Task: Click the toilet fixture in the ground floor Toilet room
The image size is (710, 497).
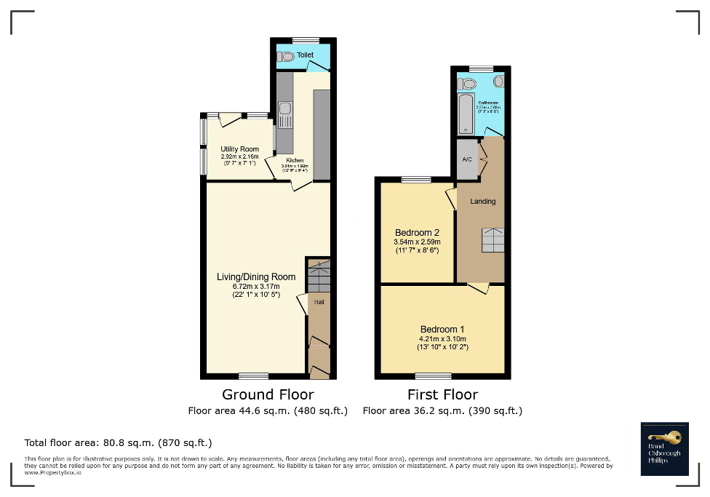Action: [x=285, y=55]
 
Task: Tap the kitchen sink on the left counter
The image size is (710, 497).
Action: [x=285, y=110]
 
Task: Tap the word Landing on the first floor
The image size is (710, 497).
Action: [x=482, y=201]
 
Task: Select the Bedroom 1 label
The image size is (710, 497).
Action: [x=442, y=329]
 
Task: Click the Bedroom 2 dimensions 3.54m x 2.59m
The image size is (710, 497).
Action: [x=417, y=242]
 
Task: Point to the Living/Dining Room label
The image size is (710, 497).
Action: [x=256, y=277]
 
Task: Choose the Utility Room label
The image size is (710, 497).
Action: [x=239, y=149]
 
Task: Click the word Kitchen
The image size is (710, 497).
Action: [x=295, y=160]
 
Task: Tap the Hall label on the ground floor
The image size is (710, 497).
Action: [x=319, y=301]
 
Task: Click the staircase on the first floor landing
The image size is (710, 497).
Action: [x=492, y=240]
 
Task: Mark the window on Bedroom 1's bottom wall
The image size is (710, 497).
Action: [x=432, y=376]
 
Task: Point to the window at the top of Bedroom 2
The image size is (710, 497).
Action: [x=415, y=179]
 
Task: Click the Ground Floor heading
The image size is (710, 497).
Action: [x=268, y=394]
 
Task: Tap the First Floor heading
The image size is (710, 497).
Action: [x=442, y=394]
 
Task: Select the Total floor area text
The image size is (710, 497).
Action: [x=118, y=442]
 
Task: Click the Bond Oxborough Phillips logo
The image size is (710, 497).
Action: [x=665, y=449]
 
